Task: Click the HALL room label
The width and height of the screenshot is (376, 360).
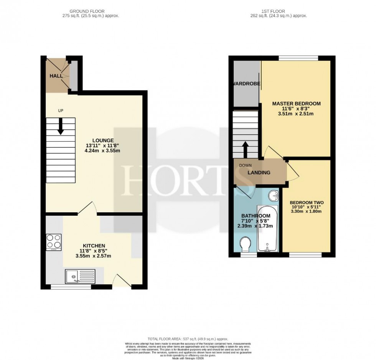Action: tap(56, 76)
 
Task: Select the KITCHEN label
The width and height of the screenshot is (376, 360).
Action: tap(94, 246)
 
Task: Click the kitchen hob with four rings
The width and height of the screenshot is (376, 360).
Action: tap(54, 242)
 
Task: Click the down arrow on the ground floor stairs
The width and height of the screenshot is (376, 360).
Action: tap(60, 127)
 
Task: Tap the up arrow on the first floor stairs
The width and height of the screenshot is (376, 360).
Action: tap(245, 149)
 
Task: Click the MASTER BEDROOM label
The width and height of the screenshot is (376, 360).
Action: tap(296, 104)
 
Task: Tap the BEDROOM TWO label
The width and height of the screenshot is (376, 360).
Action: tap(307, 203)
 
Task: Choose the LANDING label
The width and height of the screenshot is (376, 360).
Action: tap(259, 173)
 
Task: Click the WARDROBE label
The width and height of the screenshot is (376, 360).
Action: tap(245, 84)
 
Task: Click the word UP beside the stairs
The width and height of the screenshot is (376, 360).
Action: tap(60, 111)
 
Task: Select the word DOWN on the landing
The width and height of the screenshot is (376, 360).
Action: tap(245, 165)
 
